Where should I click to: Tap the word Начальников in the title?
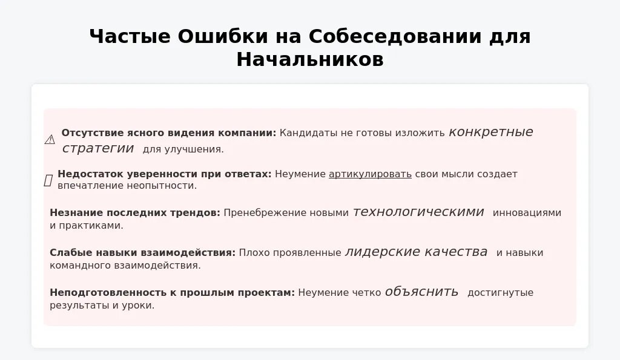click(x=310, y=60)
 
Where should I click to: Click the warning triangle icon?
click(x=50, y=140)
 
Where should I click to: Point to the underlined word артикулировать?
click(x=370, y=174)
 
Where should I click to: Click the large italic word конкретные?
click(x=491, y=132)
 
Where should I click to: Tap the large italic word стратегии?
click(x=98, y=148)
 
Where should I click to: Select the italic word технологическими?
click(x=418, y=212)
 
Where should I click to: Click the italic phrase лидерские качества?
click(x=416, y=252)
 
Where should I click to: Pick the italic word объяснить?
click(x=421, y=292)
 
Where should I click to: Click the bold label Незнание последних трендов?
click(x=135, y=213)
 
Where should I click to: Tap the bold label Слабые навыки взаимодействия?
click(x=142, y=253)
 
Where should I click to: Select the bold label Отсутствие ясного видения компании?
click(x=168, y=133)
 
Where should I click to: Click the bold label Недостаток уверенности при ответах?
click(x=164, y=174)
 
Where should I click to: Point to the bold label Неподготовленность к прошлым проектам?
click(x=172, y=293)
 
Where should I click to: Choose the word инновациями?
click(x=527, y=213)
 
